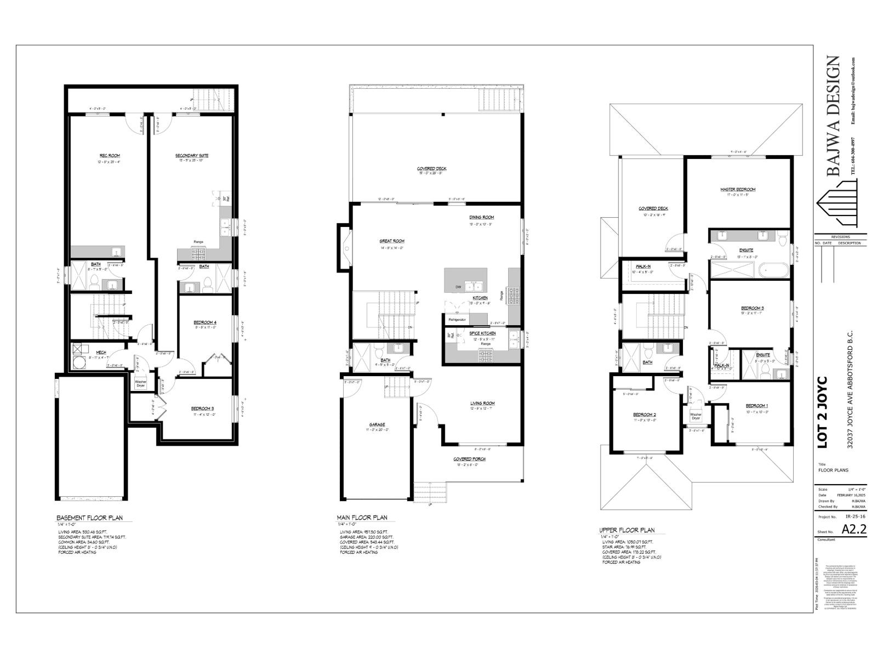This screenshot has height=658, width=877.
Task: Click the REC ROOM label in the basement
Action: pyautogui.click(x=110, y=156)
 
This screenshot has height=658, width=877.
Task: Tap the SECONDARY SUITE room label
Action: pyautogui.click(x=192, y=156)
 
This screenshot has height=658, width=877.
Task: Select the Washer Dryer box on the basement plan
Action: pyautogui.click(x=141, y=383)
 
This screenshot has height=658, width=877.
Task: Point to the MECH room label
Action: pyautogui.click(x=101, y=352)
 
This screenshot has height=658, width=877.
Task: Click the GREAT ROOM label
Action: pyautogui.click(x=391, y=241)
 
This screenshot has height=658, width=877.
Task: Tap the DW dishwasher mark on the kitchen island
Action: pyautogui.click(x=458, y=287)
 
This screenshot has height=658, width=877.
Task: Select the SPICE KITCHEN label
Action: pyautogui.click(x=482, y=333)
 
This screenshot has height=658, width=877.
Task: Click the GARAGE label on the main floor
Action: pyautogui.click(x=377, y=424)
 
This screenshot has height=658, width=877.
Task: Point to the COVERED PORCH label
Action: pyautogui.click(x=469, y=459)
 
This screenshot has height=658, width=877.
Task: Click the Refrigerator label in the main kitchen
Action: pyautogui.click(x=457, y=319)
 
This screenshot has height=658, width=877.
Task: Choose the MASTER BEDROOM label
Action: pyautogui.click(x=738, y=190)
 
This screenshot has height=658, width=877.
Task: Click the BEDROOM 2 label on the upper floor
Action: pyautogui.click(x=645, y=415)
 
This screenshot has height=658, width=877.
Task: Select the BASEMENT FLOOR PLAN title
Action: pyautogui.click(x=90, y=518)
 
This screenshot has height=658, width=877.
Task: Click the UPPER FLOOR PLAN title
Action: pyautogui.click(x=627, y=530)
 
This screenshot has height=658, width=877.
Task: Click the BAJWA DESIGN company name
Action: pyautogui.click(x=833, y=116)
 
